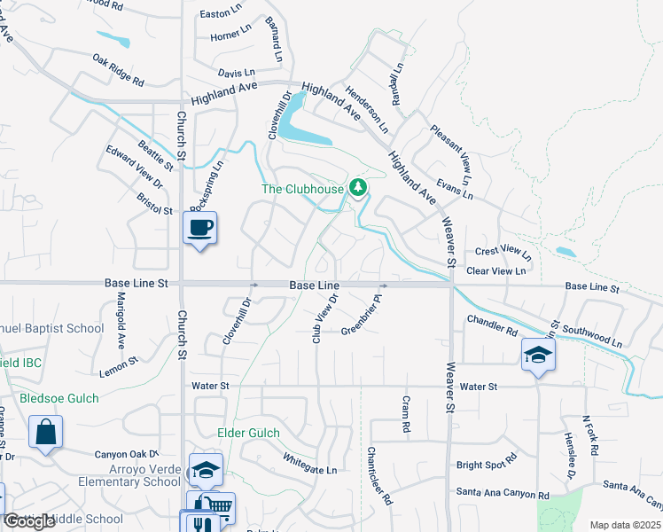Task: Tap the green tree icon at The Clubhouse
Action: click(x=358, y=187)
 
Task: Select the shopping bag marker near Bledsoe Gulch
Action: click(x=46, y=434)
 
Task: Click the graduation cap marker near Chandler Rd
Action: click(x=538, y=355)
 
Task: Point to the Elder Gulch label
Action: click(x=249, y=434)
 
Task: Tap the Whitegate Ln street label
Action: click(x=310, y=463)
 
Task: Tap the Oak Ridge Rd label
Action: click(x=118, y=69)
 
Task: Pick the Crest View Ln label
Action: click(x=503, y=252)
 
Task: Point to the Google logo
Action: click(x=29, y=521)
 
